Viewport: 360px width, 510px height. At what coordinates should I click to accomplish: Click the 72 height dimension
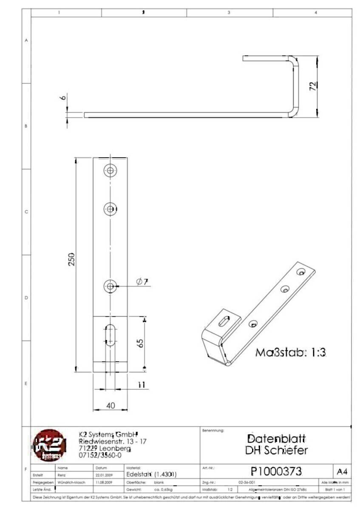(x=313, y=87)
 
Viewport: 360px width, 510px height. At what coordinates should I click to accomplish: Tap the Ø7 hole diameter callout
(x=142, y=282)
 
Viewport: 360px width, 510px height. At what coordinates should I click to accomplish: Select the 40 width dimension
(x=111, y=406)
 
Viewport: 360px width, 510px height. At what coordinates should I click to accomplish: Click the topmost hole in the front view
(x=111, y=171)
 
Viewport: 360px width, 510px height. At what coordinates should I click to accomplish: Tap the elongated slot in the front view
(x=110, y=335)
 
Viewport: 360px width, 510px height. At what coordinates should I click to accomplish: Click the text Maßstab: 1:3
(x=290, y=352)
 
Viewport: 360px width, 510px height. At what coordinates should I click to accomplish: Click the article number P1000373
(x=276, y=471)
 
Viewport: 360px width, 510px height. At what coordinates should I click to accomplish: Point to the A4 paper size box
(x=342, y=471)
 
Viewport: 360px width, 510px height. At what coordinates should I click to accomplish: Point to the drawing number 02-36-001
(x=247, y=483)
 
